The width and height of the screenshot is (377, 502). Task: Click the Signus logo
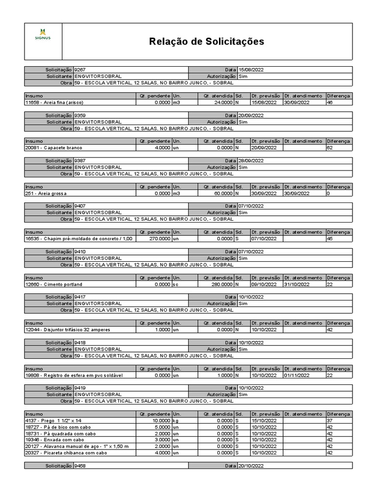coord(43,33)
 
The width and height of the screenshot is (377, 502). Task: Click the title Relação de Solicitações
coord(206,42)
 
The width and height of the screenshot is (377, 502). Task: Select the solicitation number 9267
coord(80,70)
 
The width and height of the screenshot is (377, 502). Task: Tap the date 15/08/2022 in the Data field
coord(251,70)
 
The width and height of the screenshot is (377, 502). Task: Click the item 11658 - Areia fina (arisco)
coord(54,102)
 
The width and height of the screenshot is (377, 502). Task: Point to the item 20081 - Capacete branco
coord(54,148)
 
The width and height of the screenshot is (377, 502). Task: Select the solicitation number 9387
coord(80,161)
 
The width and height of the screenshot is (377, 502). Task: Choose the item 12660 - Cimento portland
coord(54,284)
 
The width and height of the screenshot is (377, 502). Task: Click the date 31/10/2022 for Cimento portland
coord(296,284)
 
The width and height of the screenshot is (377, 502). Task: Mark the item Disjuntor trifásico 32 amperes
coord(67,330)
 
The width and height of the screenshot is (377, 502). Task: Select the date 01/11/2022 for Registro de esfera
coord(296,376)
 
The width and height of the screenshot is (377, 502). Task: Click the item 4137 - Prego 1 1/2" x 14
coord(54,421)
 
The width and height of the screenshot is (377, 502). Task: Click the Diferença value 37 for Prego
coord(330,421)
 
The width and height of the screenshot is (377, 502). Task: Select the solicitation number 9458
coord(80,466)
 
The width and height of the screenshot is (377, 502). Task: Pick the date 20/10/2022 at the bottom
coord(251,466)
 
